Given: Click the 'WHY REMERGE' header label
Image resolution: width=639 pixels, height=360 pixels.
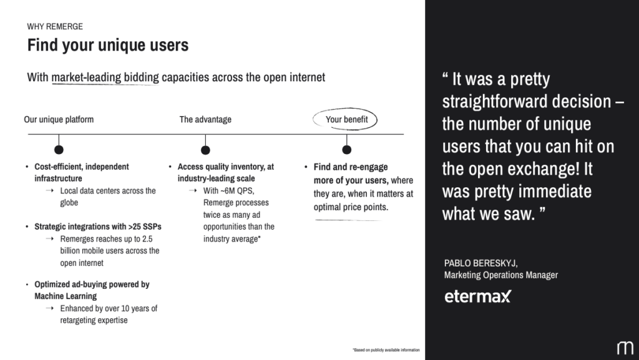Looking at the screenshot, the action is (55, 26).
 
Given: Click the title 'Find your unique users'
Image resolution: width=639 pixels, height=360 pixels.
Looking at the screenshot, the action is (108, 45).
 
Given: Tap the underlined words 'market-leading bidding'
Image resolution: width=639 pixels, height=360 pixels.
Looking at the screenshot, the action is (105, 77).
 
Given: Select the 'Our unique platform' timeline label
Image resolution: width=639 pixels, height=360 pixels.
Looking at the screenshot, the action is (59, 119).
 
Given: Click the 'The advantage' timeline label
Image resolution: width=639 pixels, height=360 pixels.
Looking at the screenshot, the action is (205, 119).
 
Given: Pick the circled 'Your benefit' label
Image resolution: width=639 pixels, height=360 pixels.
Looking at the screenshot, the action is (346, 119).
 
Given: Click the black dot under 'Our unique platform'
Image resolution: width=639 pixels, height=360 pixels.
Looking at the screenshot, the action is (59, 150).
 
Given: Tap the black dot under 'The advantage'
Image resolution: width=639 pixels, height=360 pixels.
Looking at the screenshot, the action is (205, 150).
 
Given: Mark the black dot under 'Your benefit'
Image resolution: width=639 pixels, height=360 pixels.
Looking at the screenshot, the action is (347, 150).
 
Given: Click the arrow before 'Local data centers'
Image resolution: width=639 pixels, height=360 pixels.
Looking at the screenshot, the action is (50, 190).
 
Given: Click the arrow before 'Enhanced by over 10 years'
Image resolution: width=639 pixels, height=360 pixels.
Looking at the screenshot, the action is (50, 308).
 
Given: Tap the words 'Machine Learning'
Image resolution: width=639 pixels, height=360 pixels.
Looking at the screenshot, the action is (66, 296).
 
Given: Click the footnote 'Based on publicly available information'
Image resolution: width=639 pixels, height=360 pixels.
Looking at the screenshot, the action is (386, 350).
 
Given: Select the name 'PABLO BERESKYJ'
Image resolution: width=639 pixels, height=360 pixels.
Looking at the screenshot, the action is (481, 263).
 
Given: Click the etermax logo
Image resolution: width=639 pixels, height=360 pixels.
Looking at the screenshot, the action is (477, 296).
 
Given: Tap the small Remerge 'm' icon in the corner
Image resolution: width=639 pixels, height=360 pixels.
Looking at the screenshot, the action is (625, 348).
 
